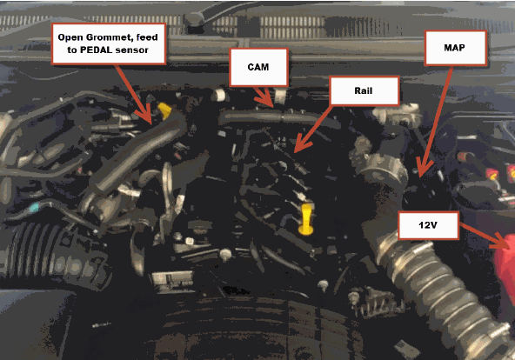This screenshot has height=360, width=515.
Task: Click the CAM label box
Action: [259, 67]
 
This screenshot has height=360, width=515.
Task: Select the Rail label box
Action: [365, 91]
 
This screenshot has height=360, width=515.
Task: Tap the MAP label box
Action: [455, 48]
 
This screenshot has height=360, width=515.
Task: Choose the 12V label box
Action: [428, 225]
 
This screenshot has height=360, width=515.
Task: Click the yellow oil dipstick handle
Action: [306, 219]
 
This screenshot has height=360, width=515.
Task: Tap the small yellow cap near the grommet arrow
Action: [164, 110]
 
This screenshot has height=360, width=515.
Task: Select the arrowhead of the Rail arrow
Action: [301, 145]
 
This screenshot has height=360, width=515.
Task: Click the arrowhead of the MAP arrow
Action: [424, 169]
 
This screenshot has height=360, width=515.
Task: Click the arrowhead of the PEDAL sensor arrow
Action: [145, 115]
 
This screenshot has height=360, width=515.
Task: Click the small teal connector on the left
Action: [34, 208]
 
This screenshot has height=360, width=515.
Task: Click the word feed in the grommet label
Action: [147, 37]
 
